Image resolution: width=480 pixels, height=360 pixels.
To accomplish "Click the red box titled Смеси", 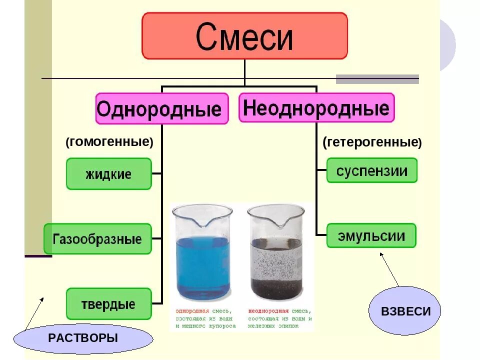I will click(x=244, y=36).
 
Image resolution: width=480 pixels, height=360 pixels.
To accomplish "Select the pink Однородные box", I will click(x=162, y=108).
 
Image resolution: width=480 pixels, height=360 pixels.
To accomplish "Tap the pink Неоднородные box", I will click(x=316, y=107).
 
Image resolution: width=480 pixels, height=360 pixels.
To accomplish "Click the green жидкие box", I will click(x=108, y=174).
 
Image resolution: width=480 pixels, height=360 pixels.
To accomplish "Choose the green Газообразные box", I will click(x=97, y=238).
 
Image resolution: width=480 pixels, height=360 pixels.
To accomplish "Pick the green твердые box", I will click(x=108, y=303).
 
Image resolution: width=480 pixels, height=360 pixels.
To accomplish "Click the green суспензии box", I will click(x=371, y=170).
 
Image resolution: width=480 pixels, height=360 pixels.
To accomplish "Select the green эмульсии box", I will click(x=371, y=235).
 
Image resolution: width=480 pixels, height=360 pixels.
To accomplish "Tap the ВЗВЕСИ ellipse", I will click(x=405, y=310).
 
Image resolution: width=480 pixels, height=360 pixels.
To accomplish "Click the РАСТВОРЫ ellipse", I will click(x=83, y=338).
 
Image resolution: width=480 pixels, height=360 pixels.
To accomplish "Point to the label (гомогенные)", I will click(x=109, y=142).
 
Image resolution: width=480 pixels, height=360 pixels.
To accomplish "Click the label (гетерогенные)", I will click(x=372, y=142).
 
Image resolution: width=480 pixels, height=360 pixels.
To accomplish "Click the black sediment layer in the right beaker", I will click(x=275, y=287).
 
